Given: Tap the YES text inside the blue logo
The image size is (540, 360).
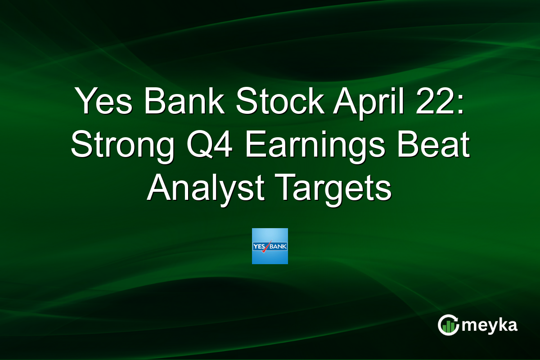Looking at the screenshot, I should (260, 246).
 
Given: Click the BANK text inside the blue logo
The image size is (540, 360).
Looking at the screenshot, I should (279, 246).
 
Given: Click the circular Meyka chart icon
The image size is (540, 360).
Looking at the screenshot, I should (448, 325).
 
